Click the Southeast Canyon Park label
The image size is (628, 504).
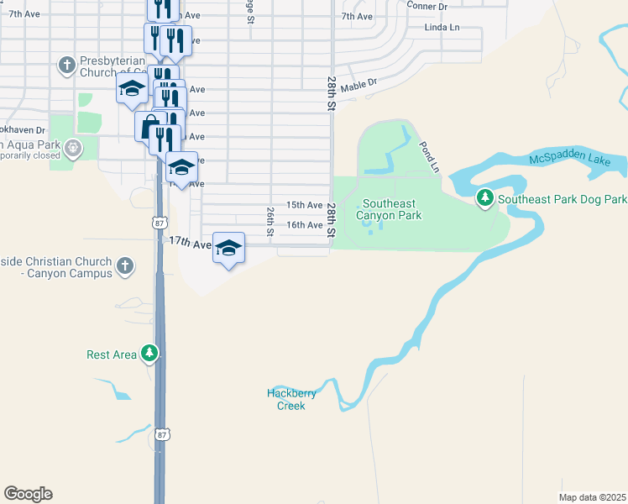pyautogui.click(x=392, y=209)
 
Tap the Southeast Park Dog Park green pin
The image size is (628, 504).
pyautogui.click(x=485, y=199)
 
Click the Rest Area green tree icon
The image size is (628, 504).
pyautogui.click(x=149, y=354)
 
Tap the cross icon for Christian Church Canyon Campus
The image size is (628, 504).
pyautogui.click(x=124, y=267)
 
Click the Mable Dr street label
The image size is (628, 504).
pyautogui.click(x=359, y=84)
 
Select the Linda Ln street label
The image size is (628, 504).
pyautogui.click(x=442, y=28)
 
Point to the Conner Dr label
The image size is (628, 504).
pyautogui.click(x=427, y=6)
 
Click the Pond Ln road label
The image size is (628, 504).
pyautogui.click(x=429, y=156)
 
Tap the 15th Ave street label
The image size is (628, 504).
pyautogui.click(x=304, y=205)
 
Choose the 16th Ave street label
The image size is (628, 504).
pyautogui.click(x=304, y=225)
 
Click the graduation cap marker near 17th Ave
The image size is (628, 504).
pyautogui.click(x=228, y=248)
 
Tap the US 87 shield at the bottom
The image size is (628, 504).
pyautogui.click(x=163, y=433)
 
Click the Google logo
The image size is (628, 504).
pyautogui.click(x=28, y=494)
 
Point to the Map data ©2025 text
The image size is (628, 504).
pyautogui.click(x=592, y=497)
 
